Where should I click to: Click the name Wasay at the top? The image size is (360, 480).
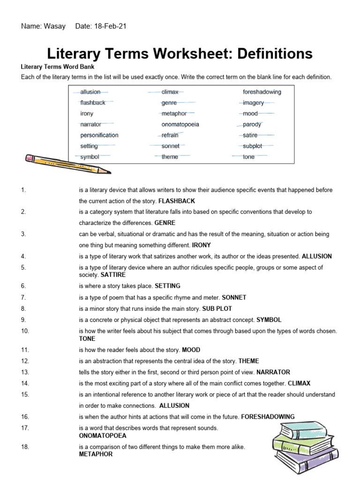pos(55,26)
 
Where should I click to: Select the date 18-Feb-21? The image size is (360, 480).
pos(110,26)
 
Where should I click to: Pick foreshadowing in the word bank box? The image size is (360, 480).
pos(262,92)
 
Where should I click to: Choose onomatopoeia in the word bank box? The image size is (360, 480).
pos(180,124)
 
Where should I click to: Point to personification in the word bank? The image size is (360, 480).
pos(99,135)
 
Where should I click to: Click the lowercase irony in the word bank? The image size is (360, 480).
pos(87,113)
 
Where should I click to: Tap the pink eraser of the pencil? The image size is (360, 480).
pos(30,158)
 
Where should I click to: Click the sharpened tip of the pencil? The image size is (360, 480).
pos(107,171)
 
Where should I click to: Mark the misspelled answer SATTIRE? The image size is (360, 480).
pos(113,275)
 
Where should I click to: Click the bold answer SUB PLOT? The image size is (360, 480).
pos(217,309)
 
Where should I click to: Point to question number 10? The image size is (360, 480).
pos(25,331)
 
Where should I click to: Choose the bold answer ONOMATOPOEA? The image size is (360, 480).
pos(103,435)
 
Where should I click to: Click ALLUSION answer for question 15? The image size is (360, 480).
pos(174,405)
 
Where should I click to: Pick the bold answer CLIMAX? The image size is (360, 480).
pos(299,383)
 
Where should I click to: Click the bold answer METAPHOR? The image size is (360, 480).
pos(96,454)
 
